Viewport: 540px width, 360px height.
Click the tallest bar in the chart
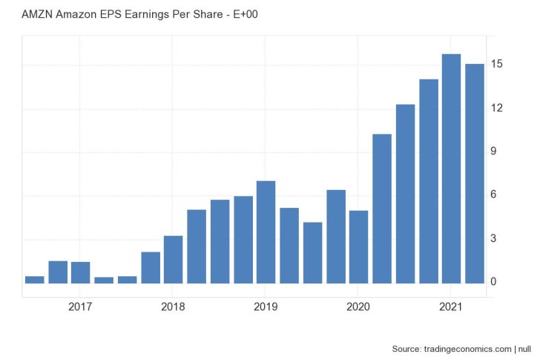coord(451,168)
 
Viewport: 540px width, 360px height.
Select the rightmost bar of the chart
coord(474,173)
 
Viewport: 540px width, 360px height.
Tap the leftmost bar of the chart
coord(35,279)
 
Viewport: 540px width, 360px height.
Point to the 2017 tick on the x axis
coord(80,306)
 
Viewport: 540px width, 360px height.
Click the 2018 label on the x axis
coord(173,306)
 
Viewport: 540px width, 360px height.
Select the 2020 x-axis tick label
coord(358,306)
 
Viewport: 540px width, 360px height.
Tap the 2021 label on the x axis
coord(451,306)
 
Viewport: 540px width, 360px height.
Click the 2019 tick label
coord(266,306)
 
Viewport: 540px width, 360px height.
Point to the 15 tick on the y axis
coord(497,65)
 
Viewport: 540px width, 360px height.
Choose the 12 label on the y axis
coord(497,108)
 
